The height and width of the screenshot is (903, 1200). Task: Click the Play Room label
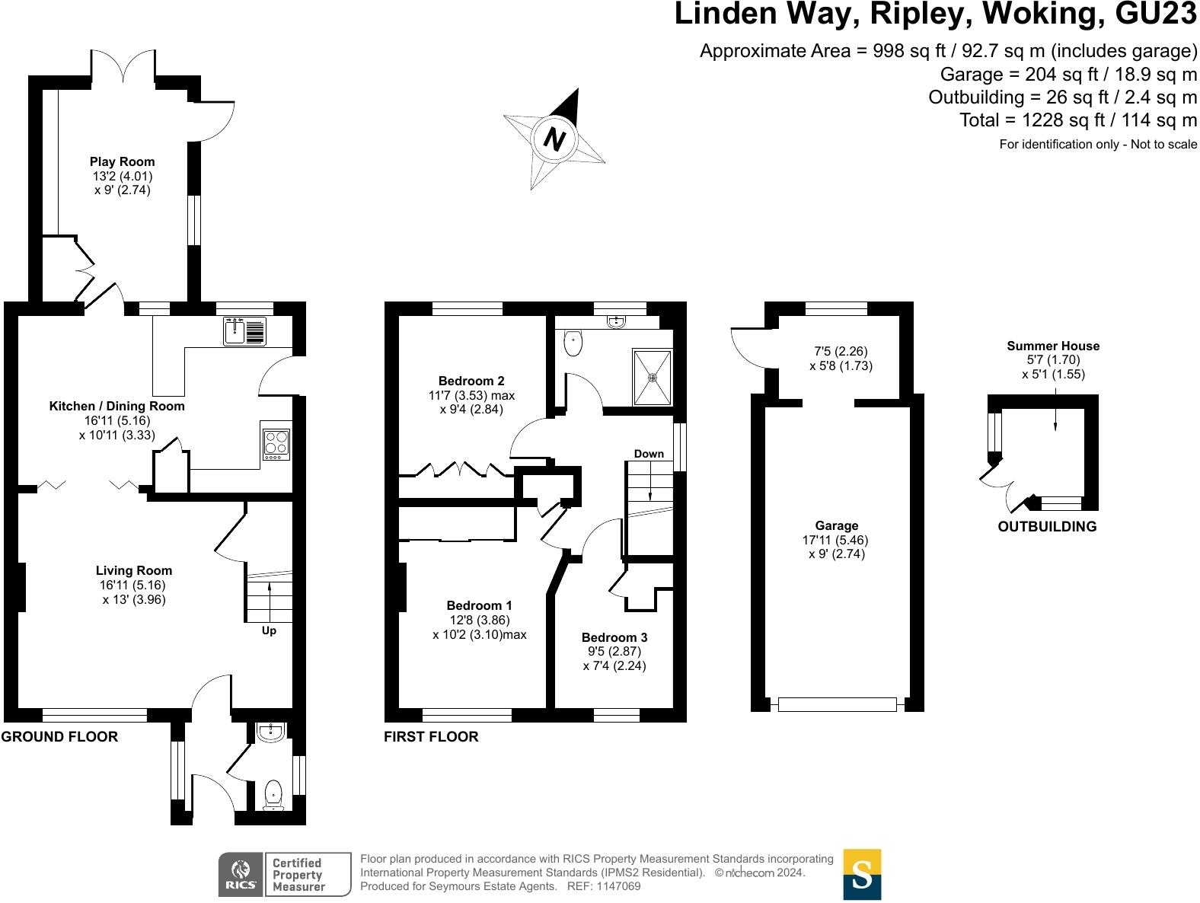[122, 161]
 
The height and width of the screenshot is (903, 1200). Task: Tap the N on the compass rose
[555, 139]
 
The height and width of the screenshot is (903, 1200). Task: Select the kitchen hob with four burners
[276, 444]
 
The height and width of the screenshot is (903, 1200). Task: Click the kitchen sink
[244, 331]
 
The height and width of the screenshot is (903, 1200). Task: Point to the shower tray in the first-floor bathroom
[653, 376]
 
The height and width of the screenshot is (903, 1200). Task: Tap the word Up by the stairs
[269, 630]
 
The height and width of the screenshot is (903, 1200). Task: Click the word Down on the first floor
[649, 454]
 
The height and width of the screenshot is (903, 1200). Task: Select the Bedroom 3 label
[614, 637]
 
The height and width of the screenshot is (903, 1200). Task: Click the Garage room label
[837, 525]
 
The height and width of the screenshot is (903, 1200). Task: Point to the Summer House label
[1053, 346]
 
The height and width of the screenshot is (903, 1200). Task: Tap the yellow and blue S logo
[862, 874]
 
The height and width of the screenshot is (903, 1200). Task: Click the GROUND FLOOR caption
[60, 736]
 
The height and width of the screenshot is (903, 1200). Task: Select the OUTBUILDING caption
[1047, 526]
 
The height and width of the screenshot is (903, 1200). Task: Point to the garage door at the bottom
[838, 705]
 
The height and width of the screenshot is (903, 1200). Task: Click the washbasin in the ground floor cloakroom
[271, 732]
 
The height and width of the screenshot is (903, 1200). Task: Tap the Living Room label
[134, 570]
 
